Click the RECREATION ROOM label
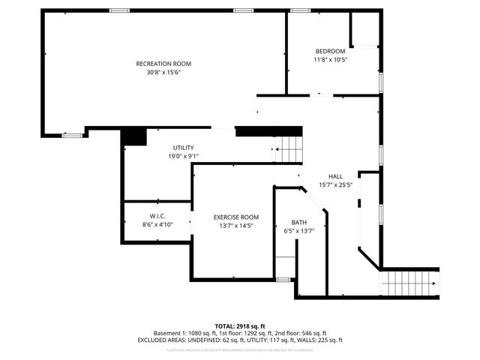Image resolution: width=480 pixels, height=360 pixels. click(x=163, y=63)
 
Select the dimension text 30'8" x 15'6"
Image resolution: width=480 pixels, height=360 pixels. click(x=163, y=73)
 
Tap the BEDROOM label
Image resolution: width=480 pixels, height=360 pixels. click(x=330, y=51)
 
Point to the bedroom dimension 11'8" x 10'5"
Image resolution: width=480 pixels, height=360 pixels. click(x=330, y=60)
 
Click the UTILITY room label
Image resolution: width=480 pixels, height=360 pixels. click(x=183, y=148)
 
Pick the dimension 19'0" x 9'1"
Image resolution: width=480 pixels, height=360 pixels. click(x=183, y=157)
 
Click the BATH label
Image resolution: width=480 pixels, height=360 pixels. click(x=299, y=223)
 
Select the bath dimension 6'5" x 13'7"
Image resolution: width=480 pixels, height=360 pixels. click(x=299, y=232)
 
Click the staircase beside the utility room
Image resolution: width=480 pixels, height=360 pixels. click(x=288, y=150)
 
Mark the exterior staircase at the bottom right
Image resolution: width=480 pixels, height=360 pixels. click(x=409, y=283)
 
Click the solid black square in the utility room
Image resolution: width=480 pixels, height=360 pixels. click(x=133, y=137)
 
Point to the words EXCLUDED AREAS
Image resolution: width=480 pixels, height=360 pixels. click(x=164, y=340)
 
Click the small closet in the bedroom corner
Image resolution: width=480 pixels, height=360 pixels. click(x=364, y=29)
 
